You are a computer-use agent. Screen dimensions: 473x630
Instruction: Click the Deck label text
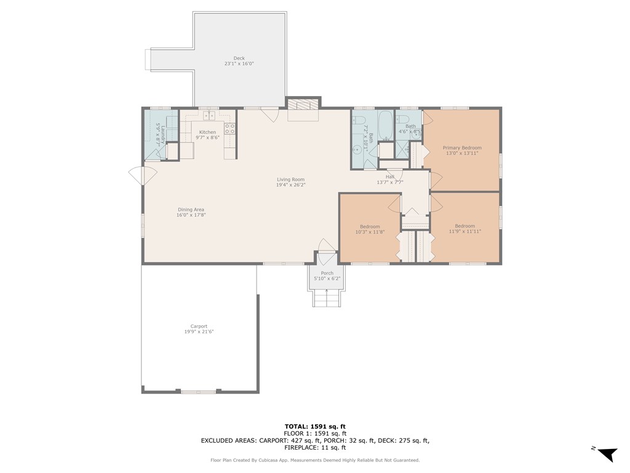click(239, 59)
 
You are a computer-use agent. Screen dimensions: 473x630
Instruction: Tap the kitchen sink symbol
click(209, 115)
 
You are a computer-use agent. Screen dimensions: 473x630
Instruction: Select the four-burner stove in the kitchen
click(229, 129)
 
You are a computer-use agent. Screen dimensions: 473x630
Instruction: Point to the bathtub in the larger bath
click(386, 126)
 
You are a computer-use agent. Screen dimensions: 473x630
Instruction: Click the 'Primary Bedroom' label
click(462, 148)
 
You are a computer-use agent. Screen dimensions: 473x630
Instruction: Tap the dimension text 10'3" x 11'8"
click(370, 232)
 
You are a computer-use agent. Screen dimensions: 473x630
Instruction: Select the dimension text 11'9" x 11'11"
click(465, 232)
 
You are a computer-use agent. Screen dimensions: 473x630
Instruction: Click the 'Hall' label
click(389, 177)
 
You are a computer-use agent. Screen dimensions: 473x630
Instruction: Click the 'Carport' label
click(199, 326)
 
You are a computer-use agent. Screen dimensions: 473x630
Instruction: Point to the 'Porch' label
click(327, 273)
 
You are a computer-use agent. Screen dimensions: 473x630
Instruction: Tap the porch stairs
click(326, 299)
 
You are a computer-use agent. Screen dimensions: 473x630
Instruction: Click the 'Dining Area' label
click(191, 209)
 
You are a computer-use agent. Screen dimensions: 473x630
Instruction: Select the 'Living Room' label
click(290, 179)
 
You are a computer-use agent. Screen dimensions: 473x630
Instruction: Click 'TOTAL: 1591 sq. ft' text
click(315, 426)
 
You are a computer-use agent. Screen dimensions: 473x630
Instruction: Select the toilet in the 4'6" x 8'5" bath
click(403, 119)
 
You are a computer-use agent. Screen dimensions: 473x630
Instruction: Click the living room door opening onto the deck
click(269, 113)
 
